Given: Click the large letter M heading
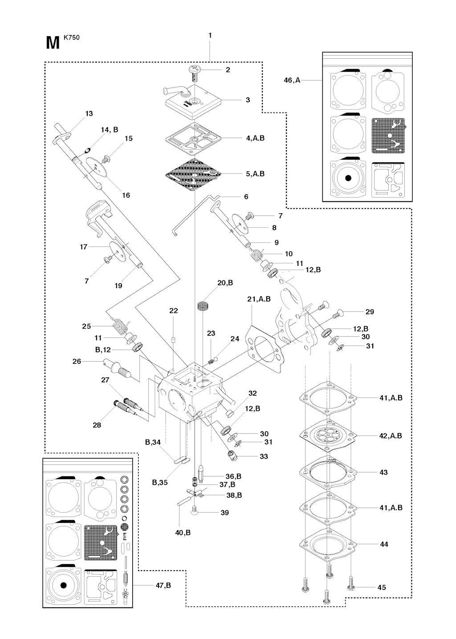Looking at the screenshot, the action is click(53, 43).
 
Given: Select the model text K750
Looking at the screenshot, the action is click(72, 37).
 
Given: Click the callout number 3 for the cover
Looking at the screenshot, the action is click(248, 100).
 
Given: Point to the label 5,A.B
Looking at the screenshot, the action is click(255, 174).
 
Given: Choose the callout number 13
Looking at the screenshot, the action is click(89, 114).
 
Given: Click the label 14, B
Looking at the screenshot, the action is click(109, 130).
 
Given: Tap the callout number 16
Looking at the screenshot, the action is click(126, 195).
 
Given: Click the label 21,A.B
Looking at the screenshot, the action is click(259, 299).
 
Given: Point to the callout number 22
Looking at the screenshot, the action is click(174, 311).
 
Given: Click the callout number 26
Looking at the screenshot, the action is click(77, 362).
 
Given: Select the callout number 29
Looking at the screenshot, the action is click(370, 312).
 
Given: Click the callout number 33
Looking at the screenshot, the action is click(264, 456).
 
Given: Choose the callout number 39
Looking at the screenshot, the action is click(225, 513).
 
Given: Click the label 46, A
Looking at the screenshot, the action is click(292, 81).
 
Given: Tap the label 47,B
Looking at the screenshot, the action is click(163, 586).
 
